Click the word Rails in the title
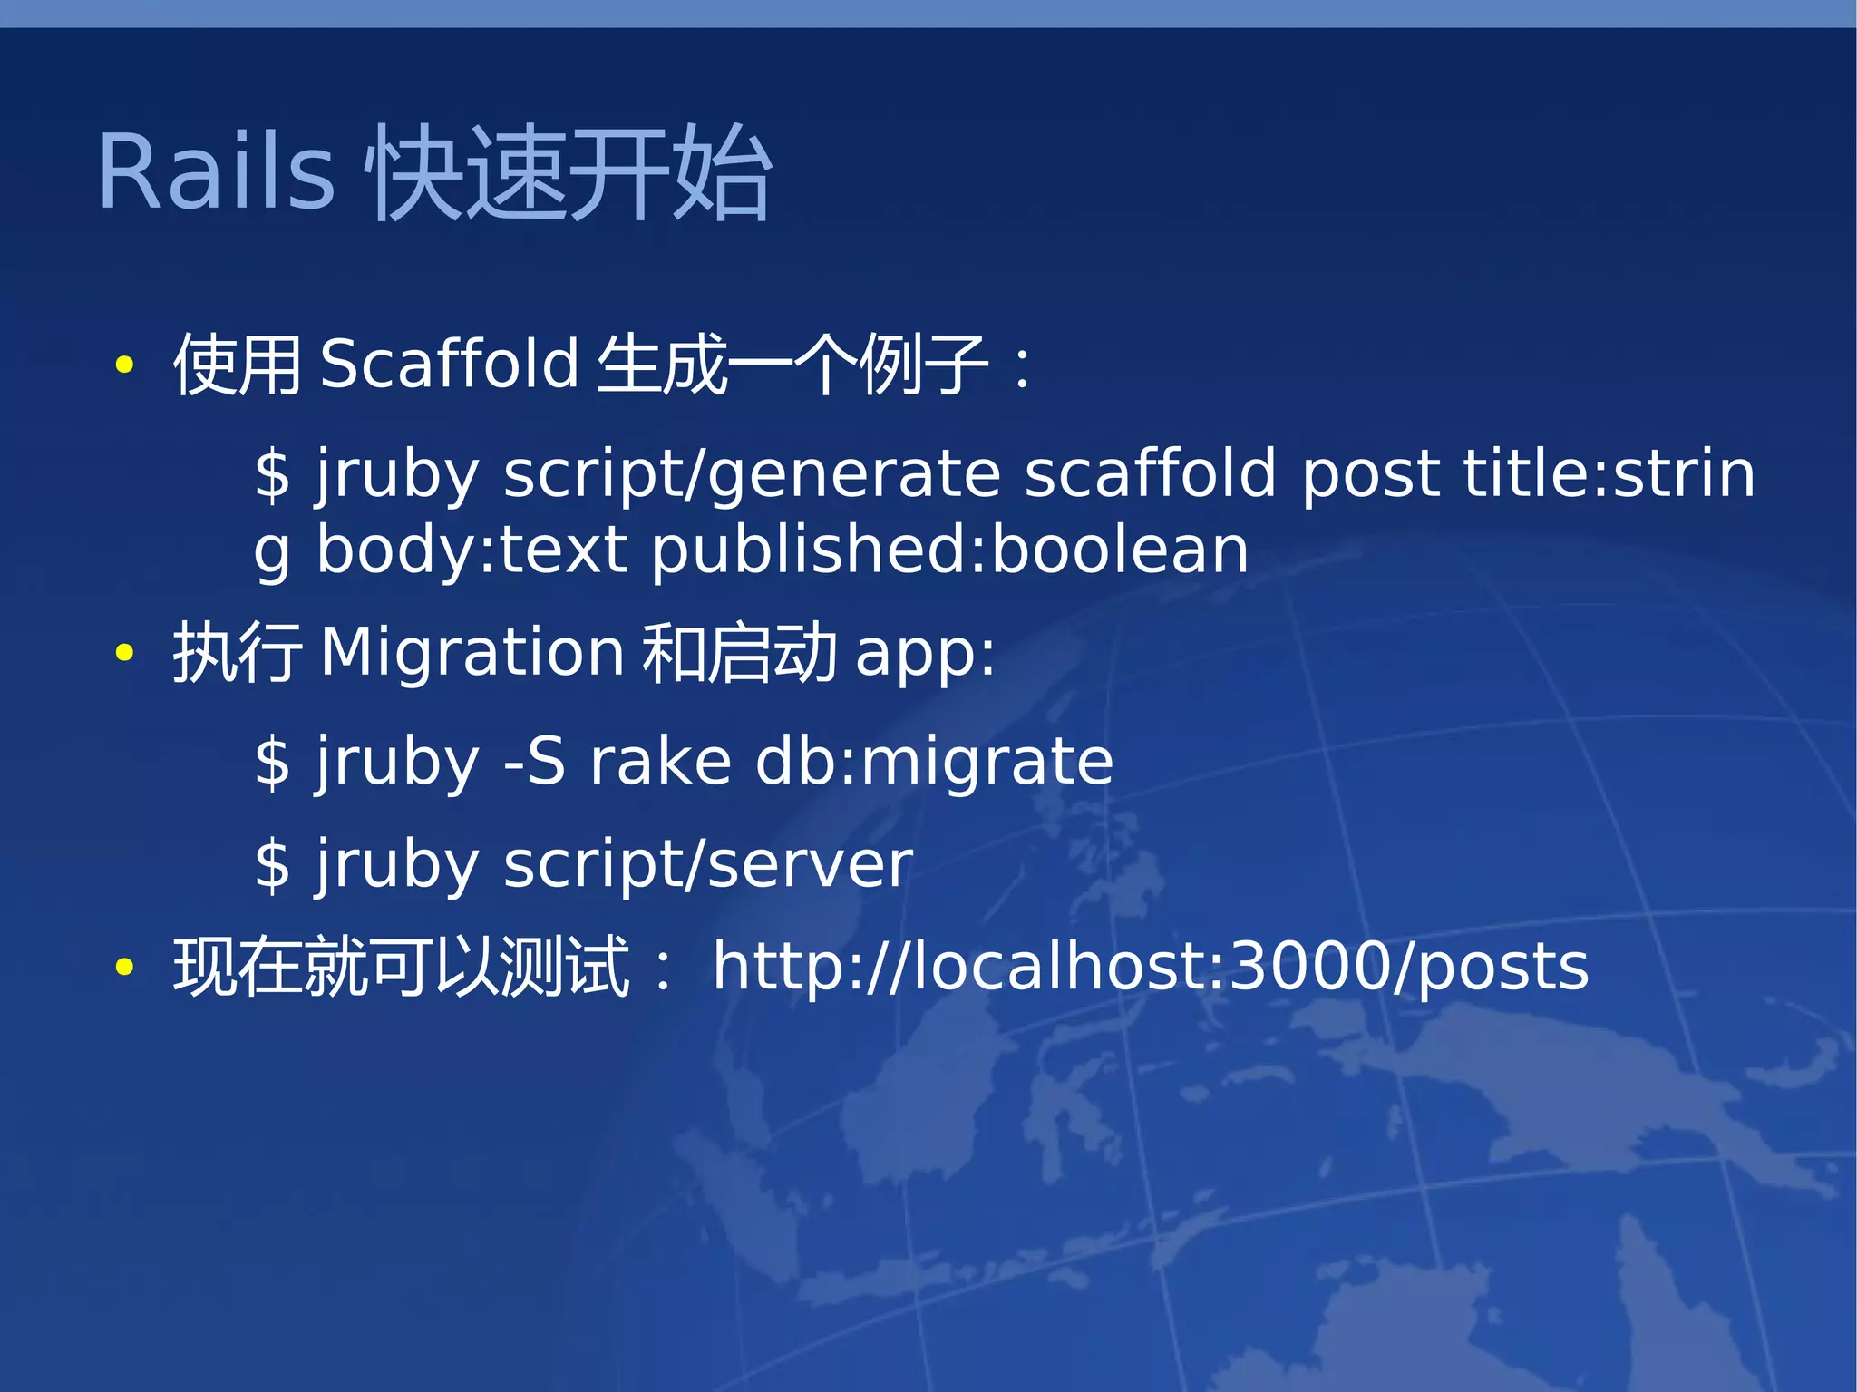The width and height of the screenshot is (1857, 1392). pos(216,172)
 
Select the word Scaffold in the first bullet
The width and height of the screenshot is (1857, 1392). pos(449,364)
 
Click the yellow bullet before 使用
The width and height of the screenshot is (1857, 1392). pos(125,365)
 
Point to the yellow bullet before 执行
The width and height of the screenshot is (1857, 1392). pos(125,652)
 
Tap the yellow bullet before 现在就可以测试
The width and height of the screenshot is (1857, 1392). pos(125,967)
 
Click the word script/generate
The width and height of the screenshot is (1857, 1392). pos(752,475)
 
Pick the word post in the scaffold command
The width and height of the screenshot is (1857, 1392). pos(1370,473)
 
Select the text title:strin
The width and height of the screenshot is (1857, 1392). pos(1609,473)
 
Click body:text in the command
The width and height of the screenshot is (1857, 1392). pos(472,550)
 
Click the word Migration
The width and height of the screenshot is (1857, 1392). pos(472,653)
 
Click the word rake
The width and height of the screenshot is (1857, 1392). pos(660,761)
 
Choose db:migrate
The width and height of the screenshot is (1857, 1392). pos(934,763)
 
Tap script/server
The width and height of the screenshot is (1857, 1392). pos(707,865)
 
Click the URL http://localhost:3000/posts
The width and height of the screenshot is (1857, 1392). pos(1150,967)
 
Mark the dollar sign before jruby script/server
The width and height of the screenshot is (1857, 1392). pos(272,865)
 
